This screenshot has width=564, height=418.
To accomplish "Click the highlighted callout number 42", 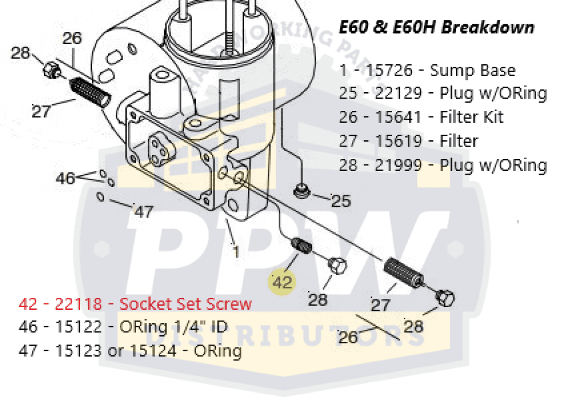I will coord(282,282).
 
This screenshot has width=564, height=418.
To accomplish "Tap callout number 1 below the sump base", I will coord(236,252).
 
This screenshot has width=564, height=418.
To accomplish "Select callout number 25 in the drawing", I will coord(341,201).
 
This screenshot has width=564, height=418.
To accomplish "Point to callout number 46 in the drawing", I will coord(65,179).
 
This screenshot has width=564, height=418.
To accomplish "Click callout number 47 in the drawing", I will coord(144,211).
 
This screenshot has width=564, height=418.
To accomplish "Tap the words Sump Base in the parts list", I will coord(473,71).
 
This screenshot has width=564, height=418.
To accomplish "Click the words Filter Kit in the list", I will coord(471,117).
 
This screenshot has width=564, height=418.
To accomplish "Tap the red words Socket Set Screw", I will coord(186,304).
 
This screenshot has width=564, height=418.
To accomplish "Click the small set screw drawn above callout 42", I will coord(301,245).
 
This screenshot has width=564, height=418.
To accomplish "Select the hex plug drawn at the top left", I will coord(51,70).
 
